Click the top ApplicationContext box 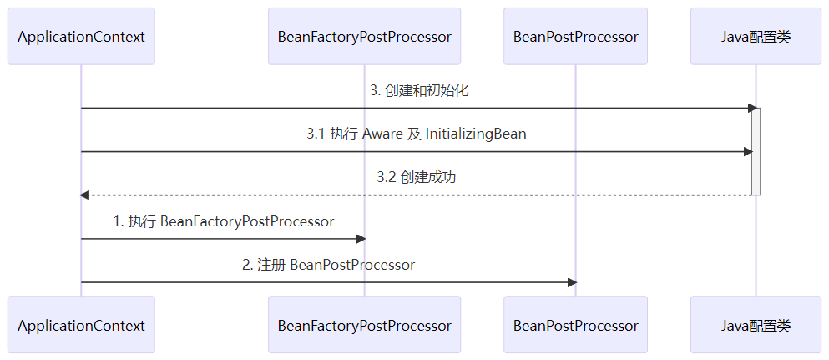pos(81,37)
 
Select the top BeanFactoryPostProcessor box pos(364,37)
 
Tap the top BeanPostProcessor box pos(575,37)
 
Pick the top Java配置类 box pos(756,37)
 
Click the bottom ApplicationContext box pos(81,326)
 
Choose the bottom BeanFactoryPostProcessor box pos(364,326)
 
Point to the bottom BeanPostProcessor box pos(575,326)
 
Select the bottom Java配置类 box pos(756,326)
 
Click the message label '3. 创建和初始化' pos(419,90)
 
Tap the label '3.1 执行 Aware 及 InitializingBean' pos(416,134)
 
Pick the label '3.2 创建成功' pos(416,177)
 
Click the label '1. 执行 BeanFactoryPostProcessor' pos(223,221)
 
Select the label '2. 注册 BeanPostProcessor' pos(328,265)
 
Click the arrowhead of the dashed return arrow pos(84,195)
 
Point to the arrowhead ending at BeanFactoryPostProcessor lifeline pos(361,239)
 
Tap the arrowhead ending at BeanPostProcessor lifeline pos(572,282)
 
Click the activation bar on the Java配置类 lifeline pos(756,151)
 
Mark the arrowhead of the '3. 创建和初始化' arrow pos(752,108)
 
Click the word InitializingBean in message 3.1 pos(476,134)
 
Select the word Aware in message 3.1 pos(382,134)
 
